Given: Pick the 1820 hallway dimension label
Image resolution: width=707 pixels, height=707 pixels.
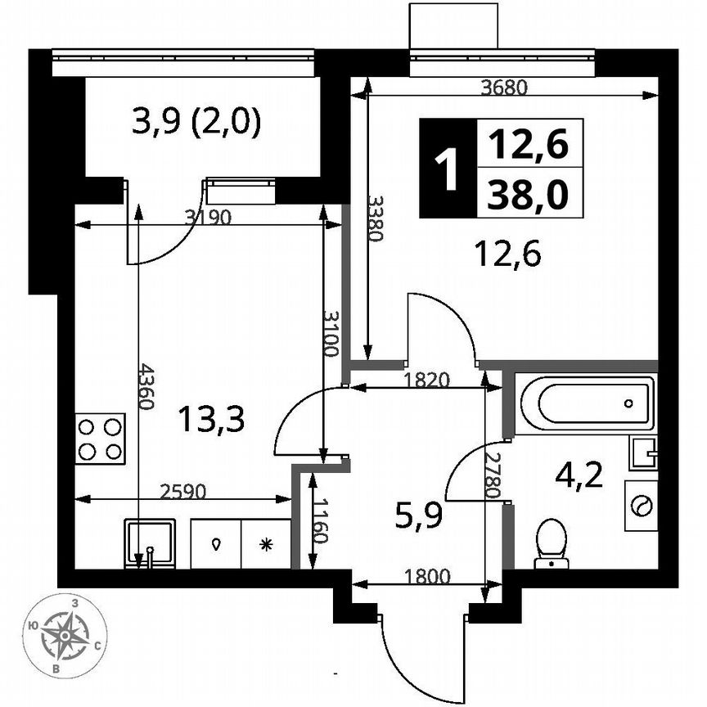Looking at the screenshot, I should pos(427,379).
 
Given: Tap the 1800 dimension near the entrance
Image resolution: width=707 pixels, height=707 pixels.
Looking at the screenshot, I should pos(426,575).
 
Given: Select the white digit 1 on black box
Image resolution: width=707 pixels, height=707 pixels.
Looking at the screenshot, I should pos(447,168).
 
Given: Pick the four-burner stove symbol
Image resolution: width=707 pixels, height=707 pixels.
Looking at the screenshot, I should pos(100,439).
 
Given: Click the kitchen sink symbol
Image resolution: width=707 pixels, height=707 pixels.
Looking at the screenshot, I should pos(149,542).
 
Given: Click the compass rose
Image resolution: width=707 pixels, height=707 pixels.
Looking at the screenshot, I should pos(65,635).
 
